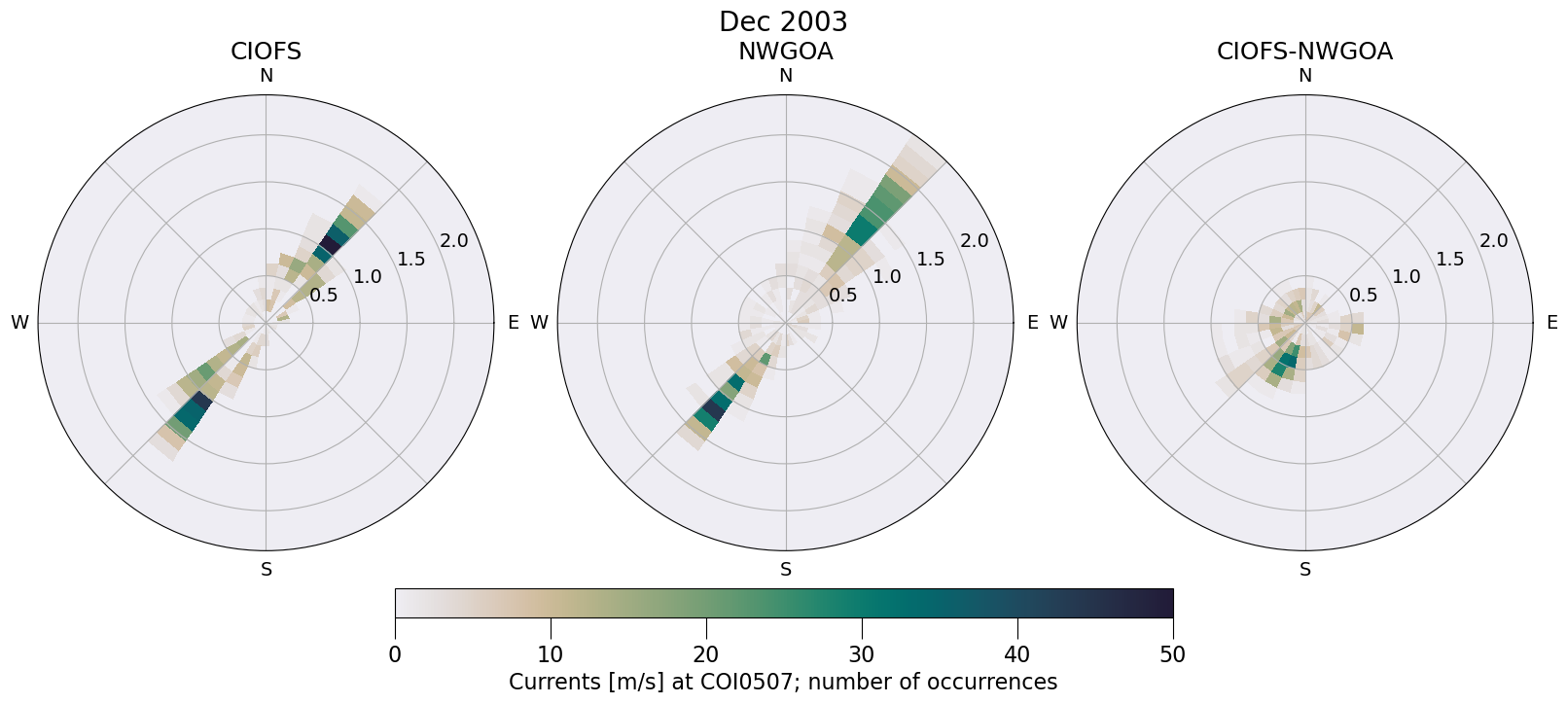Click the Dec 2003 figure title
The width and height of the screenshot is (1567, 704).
pos(783,21)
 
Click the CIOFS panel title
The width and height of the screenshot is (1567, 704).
pos(266,52)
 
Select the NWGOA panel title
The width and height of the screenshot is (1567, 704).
pos(785,52)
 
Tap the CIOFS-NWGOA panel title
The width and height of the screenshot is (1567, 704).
pos(1304,52)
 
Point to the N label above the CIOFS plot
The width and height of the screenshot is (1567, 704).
pos(266,76)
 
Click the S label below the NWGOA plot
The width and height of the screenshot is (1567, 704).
pos(786,570)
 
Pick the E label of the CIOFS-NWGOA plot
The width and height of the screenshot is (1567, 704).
pos(1551,323)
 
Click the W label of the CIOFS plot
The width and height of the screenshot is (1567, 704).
pos(19,323)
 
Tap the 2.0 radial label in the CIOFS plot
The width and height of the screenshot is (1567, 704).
pos(453,241)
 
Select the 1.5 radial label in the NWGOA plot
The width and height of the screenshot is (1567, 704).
pos(931,259)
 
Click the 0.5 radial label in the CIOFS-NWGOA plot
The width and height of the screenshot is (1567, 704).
pos(1363,295)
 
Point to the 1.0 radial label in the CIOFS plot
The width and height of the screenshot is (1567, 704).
pos(368,277)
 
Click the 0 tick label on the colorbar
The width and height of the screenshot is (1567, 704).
pos(395,654)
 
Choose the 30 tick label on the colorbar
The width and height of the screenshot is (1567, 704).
pos(862,654)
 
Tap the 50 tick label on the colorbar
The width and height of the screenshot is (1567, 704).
pos(1173,654)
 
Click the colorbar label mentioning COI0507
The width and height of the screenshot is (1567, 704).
pos(783,682)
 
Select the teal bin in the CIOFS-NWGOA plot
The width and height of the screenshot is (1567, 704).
pos(1287,362)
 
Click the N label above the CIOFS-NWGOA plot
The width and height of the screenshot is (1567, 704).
pos(1305,76)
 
